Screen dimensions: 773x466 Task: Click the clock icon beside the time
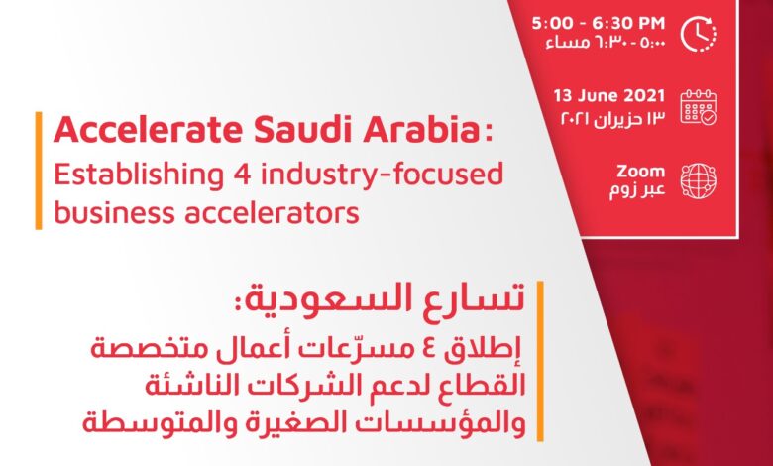[699, 34]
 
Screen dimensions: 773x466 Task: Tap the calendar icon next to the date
[699, 107]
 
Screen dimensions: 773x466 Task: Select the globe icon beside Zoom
[699, 181]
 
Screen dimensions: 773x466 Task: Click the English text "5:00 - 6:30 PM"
[599, 23]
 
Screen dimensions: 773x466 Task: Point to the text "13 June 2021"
[609, 95]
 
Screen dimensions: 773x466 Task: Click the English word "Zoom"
[641, 172]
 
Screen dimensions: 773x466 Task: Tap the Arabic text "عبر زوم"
[637, 189]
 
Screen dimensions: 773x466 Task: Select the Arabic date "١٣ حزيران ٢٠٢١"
[613, 118]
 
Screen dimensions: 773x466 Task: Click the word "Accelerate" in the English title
[148, 130]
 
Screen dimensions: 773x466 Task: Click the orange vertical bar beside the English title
[39, 171]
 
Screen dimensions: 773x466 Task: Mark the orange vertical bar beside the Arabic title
[540, 361]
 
